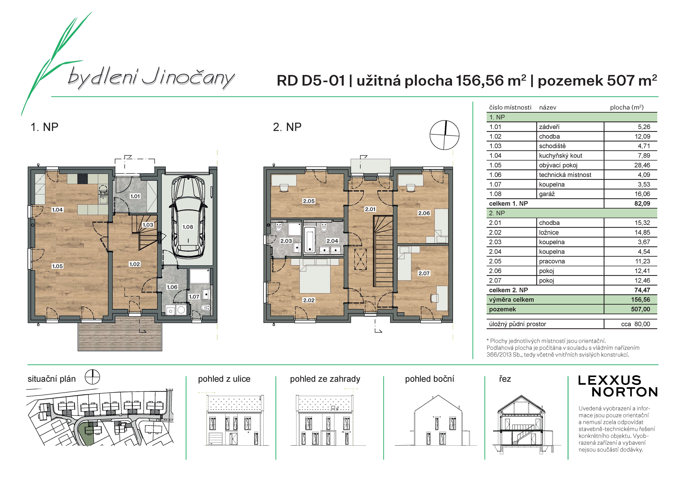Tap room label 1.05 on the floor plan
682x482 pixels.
[57, 266]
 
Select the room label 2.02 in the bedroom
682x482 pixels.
[309, 300]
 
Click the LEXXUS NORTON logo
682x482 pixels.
[618, 386]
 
